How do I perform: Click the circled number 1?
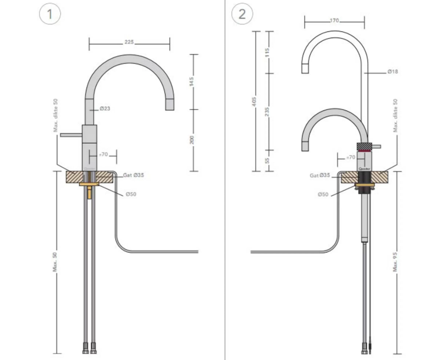click(x=50, y=15)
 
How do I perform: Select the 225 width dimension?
click(x=129, y=43)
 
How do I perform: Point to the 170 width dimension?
click(x=335, y=20)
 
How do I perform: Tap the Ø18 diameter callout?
click(x=393, y=72)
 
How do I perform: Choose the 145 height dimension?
click(x=191, y=81)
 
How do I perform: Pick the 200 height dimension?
click(x=191, y=140)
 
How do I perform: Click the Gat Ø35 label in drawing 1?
click(x=133, y=175)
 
